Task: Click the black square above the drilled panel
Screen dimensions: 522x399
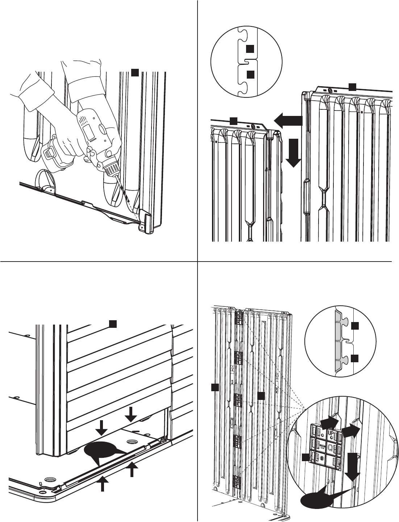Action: pos(134,72)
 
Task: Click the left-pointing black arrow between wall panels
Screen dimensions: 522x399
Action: pos(288,120)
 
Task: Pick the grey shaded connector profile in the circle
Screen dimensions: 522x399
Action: pos(341,341)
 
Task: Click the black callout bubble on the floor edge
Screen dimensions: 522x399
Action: pos(99,452)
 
